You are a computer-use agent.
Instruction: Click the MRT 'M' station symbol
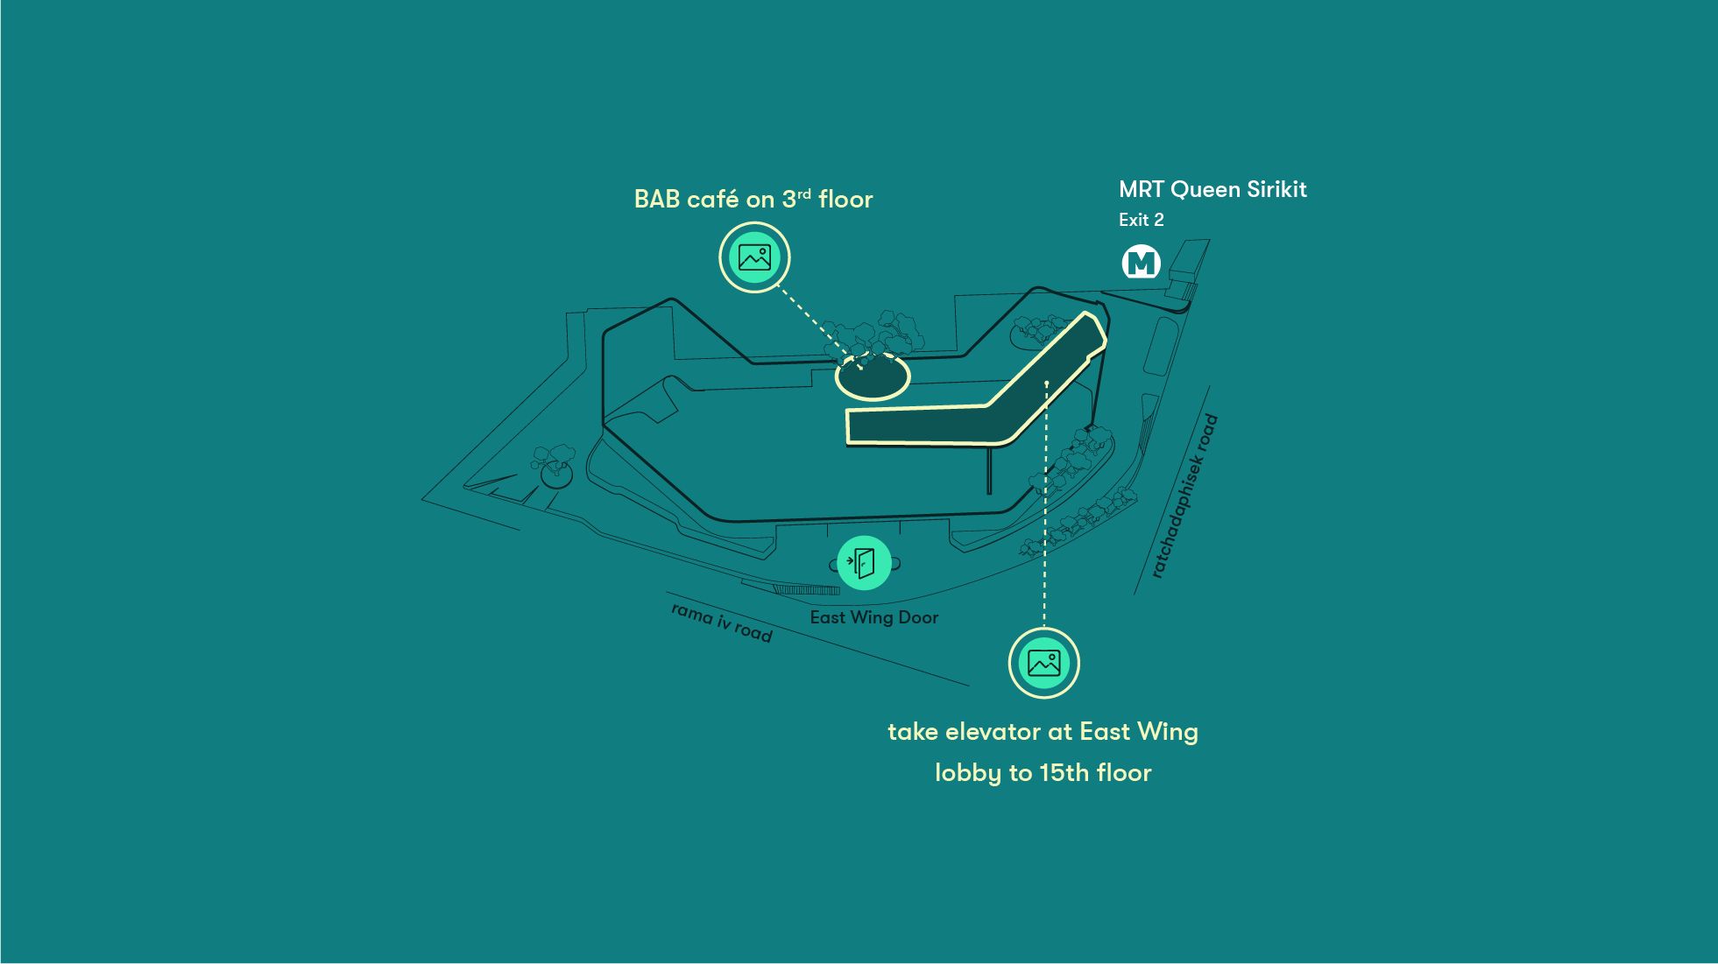(1141, 262)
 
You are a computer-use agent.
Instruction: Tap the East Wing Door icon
(864, 563)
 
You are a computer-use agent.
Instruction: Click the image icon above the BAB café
(754, 257)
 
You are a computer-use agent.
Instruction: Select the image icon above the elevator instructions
(1043, 663)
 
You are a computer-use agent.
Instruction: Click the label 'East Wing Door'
(873, 617)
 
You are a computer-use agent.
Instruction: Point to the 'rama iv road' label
(722, 622)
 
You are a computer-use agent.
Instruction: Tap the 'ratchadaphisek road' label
(1184, 496)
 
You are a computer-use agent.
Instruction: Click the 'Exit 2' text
(1141, 220)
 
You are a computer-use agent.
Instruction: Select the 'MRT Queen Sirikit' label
(1212, 189)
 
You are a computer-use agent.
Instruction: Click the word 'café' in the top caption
(712, 200)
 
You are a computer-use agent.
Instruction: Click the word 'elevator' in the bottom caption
(993, 731)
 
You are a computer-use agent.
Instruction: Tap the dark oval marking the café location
(873, 377)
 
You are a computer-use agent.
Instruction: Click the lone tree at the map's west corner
(555, 467)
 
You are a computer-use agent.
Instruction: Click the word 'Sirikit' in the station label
(1276, 189)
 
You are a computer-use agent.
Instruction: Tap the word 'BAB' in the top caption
(656, 200)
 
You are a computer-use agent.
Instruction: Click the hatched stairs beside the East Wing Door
(807, 589)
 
